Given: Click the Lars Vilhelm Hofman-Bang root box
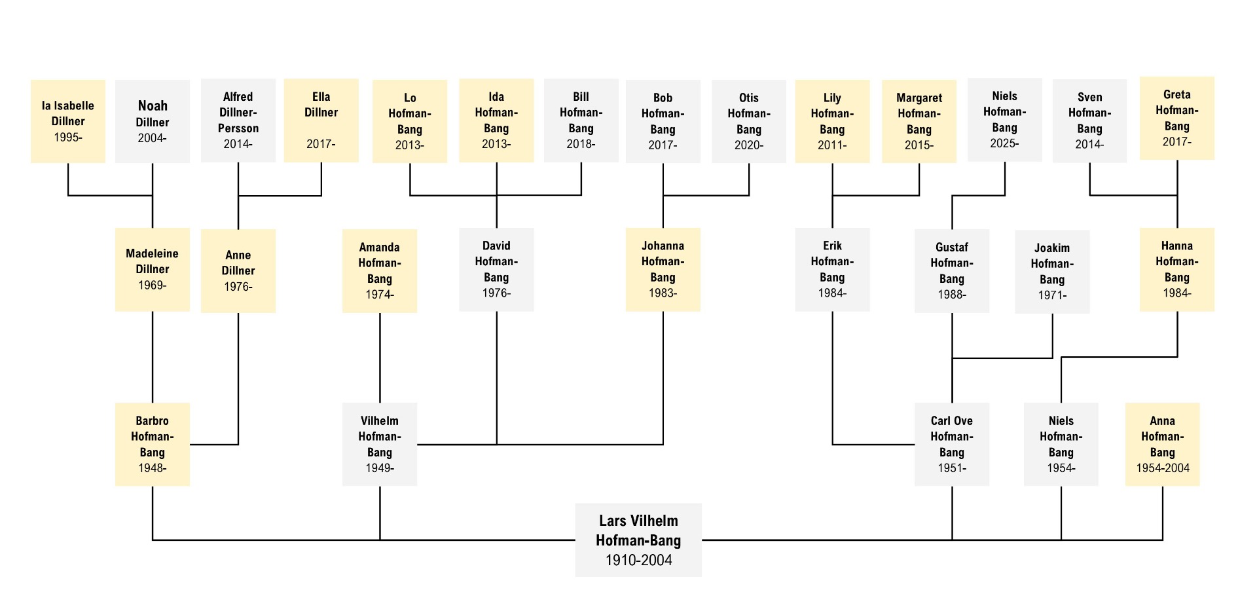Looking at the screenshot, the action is (x=638, y=540).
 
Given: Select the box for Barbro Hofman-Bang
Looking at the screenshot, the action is (x=153, y=445).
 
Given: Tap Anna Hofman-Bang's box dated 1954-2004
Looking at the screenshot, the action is (x=1163, y=445).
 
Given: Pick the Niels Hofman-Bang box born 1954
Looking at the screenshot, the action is (x=1061, y=445).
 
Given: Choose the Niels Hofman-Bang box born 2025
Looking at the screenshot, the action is (x=1005, y=120).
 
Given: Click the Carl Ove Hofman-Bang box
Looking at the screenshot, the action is (x=952, y=445).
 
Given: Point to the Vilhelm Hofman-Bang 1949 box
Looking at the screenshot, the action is (x=380, y=445).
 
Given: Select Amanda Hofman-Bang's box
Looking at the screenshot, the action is (x=380, y=271).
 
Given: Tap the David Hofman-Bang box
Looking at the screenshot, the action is (x=496, y=270).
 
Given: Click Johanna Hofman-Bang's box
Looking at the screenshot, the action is (x=663, y=270).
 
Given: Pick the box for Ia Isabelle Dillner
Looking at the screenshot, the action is (x=68, y=122).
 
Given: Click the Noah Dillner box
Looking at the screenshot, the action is (x=153, y=122).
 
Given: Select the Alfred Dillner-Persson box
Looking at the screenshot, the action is (x=238, y=120).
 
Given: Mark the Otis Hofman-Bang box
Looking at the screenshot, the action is (x=749, y=122).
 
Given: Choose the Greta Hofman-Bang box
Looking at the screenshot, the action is (x=1177, y=119).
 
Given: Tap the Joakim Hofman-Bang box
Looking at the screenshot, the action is (x=1053, y=272).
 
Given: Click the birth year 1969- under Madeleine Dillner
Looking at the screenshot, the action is (x=153, y=286).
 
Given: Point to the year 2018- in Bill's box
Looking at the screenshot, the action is (x=581, y=144).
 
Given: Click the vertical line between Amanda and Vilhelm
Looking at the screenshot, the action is (x=380, y=358).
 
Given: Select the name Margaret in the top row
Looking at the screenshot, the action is (x=919, y=98).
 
